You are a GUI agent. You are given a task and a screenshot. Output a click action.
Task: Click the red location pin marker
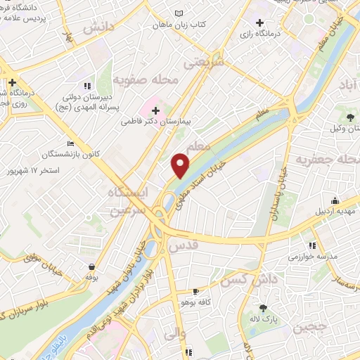click(181, 165)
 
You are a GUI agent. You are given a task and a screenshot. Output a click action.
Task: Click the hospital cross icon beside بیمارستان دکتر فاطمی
click(155, 110)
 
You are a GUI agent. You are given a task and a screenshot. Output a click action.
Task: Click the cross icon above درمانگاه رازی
click(260, 22)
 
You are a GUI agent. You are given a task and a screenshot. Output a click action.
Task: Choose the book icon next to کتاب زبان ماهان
click(179, 13)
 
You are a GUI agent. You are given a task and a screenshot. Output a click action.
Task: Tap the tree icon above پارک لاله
click(263, 308)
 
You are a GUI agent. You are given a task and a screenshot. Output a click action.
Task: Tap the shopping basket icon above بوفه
click(92, 267)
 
